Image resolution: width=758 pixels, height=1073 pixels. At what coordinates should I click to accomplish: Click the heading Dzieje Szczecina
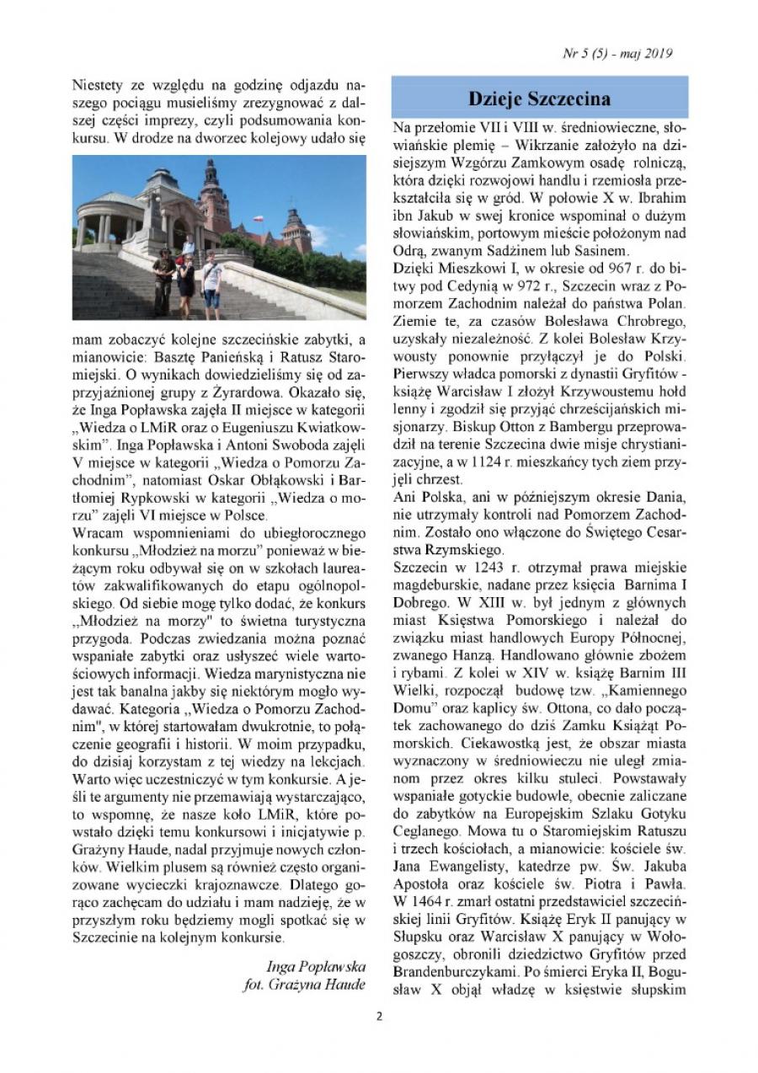pyautogui.click(x=539, y=99)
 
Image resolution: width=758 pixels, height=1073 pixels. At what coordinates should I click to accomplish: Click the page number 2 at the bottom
pyautogui.click(x=379, y=1015)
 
